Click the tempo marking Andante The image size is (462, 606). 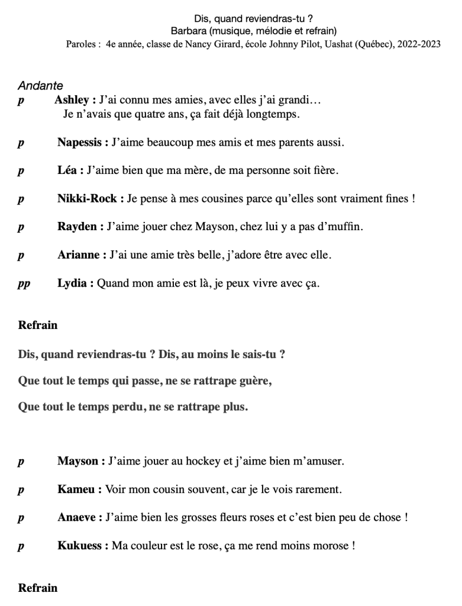40,86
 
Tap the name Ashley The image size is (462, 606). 71,100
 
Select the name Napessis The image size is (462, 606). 80,143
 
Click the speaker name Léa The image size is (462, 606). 67,170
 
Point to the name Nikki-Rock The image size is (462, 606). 87,199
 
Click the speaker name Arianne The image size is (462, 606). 79,255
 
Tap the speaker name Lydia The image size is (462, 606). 73,283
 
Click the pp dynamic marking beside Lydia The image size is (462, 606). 24,284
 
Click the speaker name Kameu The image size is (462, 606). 77,489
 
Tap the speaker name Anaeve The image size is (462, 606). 78,517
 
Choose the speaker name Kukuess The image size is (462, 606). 80,546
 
